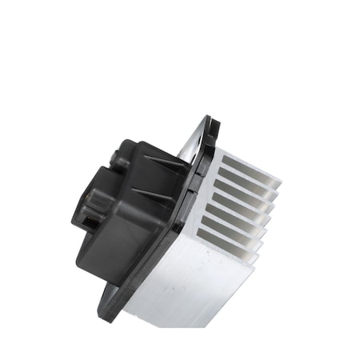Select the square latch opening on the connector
(x=91, y=213)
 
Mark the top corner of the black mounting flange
(x=210, y=121)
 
